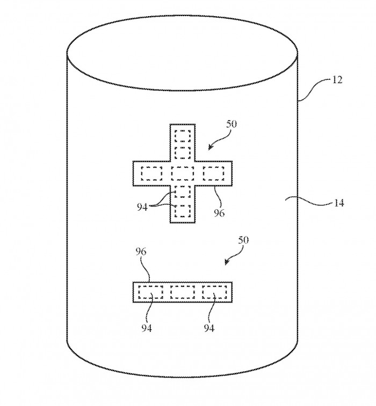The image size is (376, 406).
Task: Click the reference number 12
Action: [337, 80]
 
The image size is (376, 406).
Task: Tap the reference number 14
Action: [338, 203]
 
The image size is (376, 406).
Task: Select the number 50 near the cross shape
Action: [232, 124]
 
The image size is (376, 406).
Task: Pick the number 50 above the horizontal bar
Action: [243, 240]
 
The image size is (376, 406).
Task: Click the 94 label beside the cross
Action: [142, 207]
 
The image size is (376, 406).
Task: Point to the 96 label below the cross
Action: [219, 213]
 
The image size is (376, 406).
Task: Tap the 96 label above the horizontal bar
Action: [141, 252]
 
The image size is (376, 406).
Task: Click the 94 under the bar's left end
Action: [147, 328]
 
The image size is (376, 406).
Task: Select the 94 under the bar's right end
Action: [209, 328]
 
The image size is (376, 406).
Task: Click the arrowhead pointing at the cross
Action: [211, 147]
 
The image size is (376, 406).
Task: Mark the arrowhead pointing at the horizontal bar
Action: [227, 263]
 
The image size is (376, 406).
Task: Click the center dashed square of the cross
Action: [183, 173]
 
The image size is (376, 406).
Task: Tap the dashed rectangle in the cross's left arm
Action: [151, 173]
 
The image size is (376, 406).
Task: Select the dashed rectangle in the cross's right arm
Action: [214, 173]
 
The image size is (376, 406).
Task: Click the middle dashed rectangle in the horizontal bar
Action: [183, 292]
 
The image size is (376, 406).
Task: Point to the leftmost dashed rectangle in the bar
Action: [150, 292]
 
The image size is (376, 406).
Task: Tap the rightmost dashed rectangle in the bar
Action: [215, 292]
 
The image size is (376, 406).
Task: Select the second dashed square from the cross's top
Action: [183, 153]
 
